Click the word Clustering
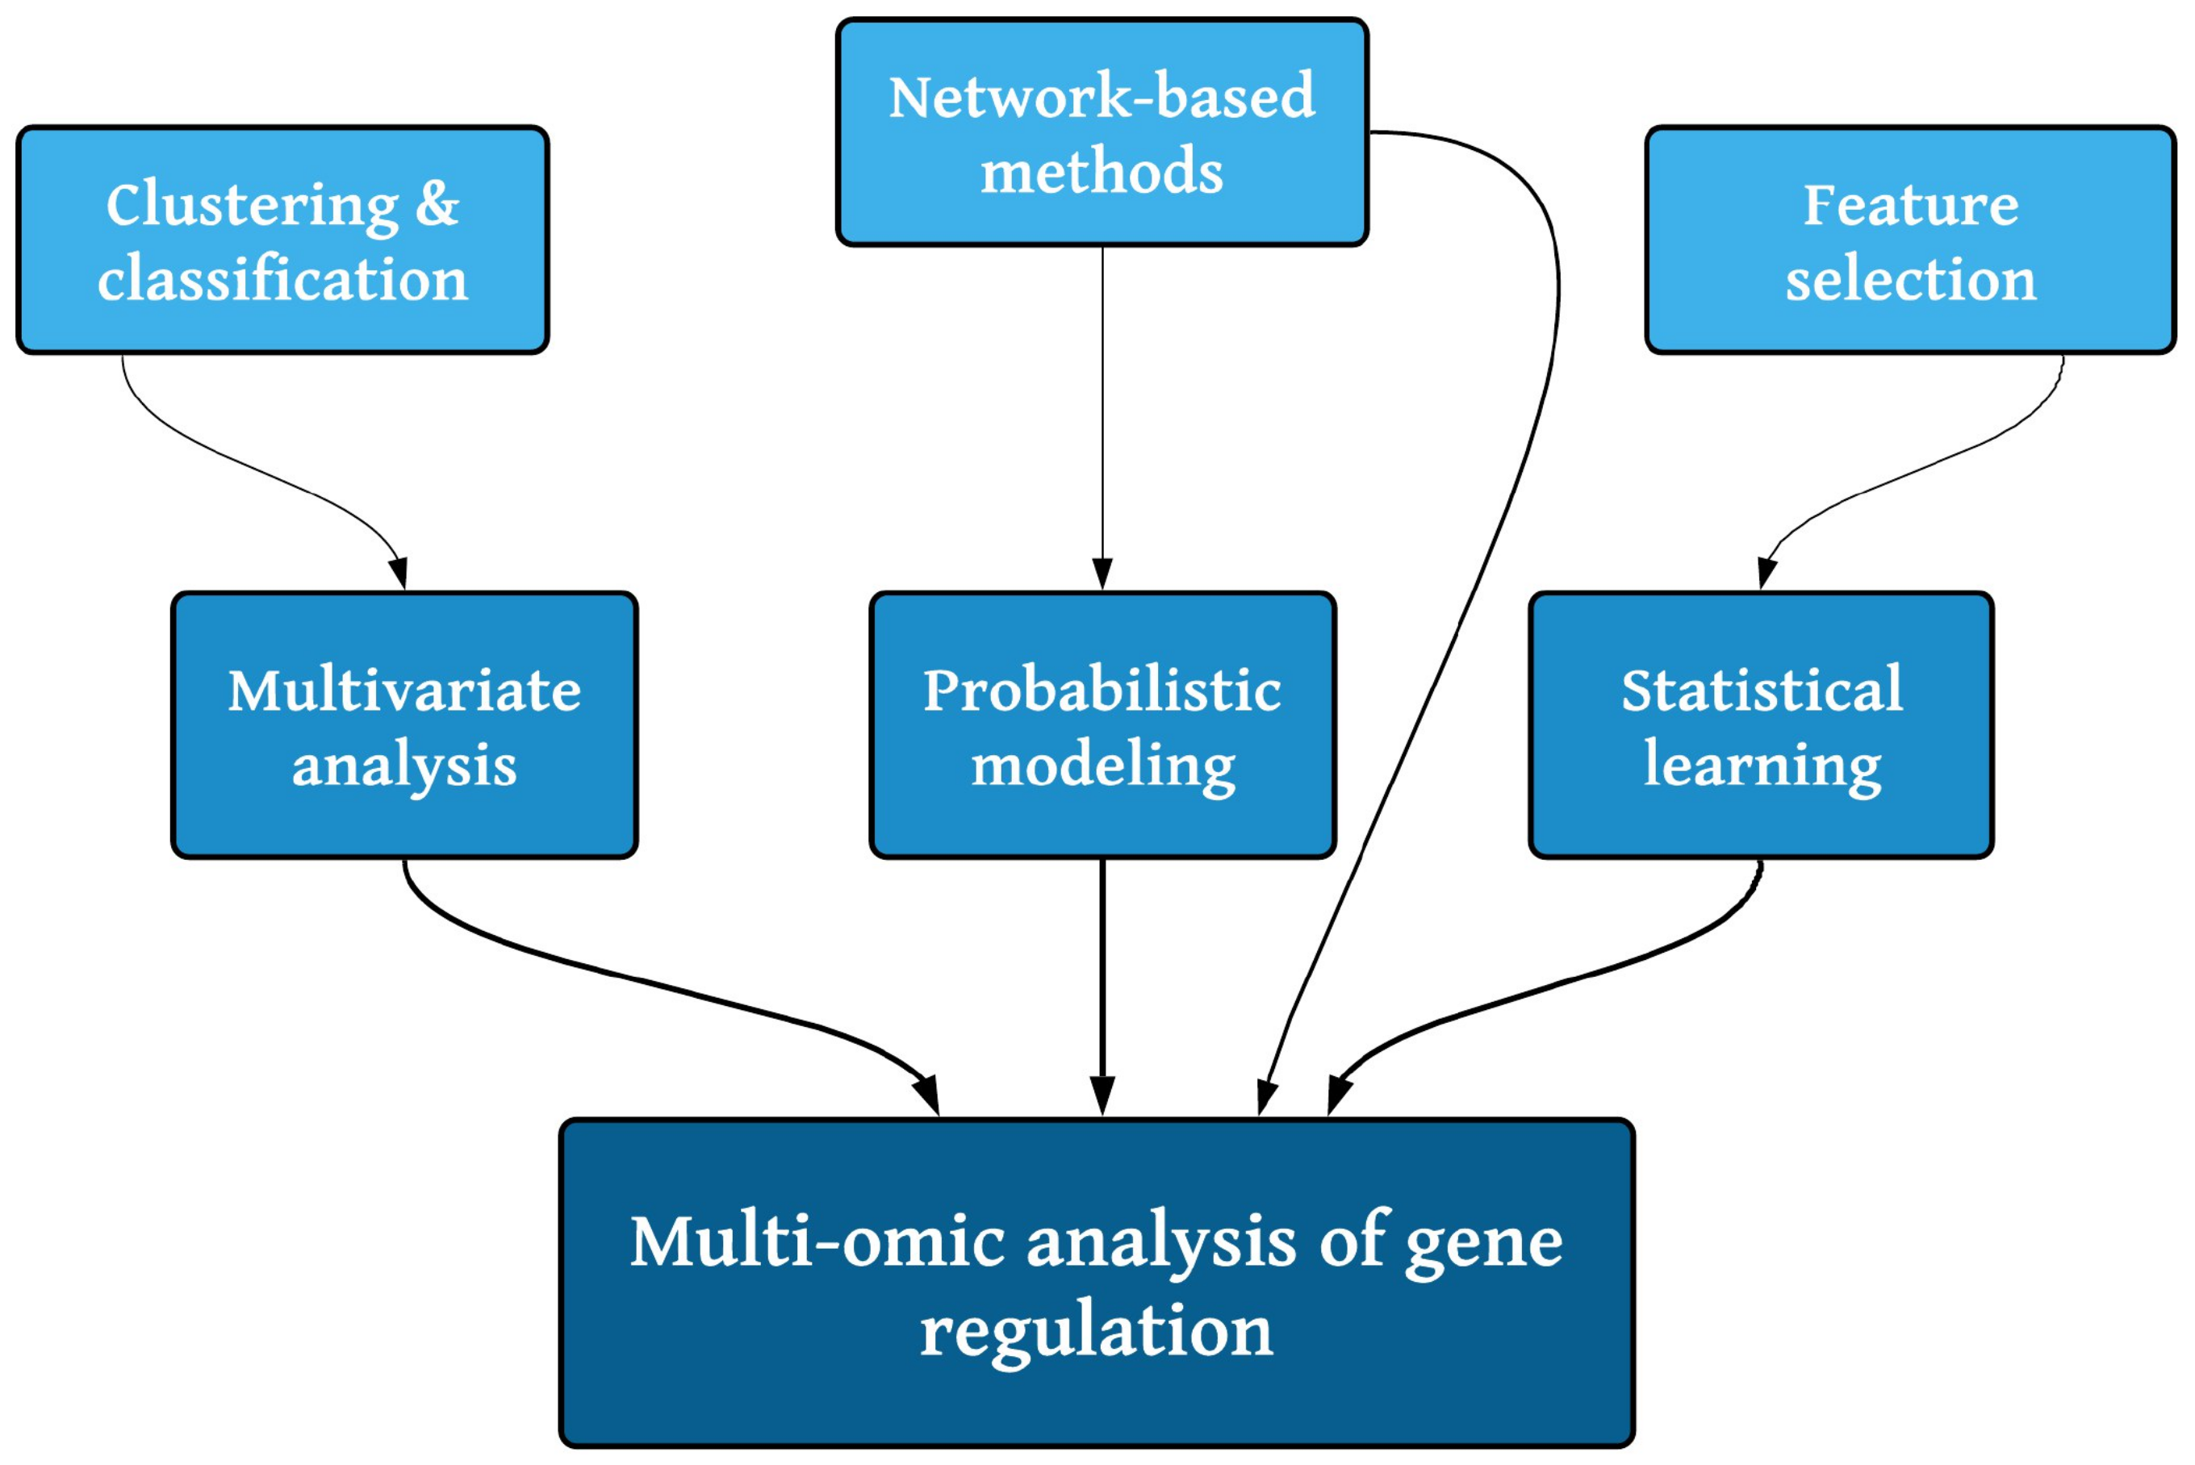(x=251, y=206)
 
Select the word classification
(x=282, y=279)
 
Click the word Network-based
(x=1102, y=96)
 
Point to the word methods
(x=1102, y=172)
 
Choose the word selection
(x=1910, y=279)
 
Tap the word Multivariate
(x=403, y=691)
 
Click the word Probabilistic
(x=1102, y=691)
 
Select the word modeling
(x=1102, y=766)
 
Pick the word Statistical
(x=1762, y=691)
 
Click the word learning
(x=1762, y=766)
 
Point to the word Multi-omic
(x=817, y=1242)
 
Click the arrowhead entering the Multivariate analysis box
(x=399, y=572)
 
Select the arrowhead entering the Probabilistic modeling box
(x=1102, y=573)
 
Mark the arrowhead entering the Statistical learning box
(x=1766, y=572)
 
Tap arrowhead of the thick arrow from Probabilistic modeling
(x=1102, y=1095)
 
